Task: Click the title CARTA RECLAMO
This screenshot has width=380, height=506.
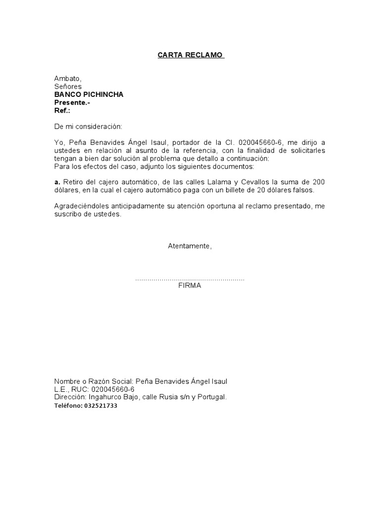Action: click(190, 55)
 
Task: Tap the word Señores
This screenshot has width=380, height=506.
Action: click(68, 86)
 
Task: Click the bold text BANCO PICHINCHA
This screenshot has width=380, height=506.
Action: click(89, 94)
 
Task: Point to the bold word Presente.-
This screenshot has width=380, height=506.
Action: click(72, 102)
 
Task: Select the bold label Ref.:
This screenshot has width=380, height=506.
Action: click(62, 110)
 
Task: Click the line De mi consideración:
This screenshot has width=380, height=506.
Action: click(88, 126)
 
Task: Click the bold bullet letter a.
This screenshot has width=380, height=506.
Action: click(57, 182)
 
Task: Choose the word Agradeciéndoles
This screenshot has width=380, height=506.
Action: click(81, 206)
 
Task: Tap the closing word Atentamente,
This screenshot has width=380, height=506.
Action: click(190, 246)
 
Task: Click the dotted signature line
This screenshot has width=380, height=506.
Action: click(190, 280)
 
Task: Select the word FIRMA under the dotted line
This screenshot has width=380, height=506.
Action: click(190, 286)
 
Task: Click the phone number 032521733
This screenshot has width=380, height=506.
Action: click(100, 405)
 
